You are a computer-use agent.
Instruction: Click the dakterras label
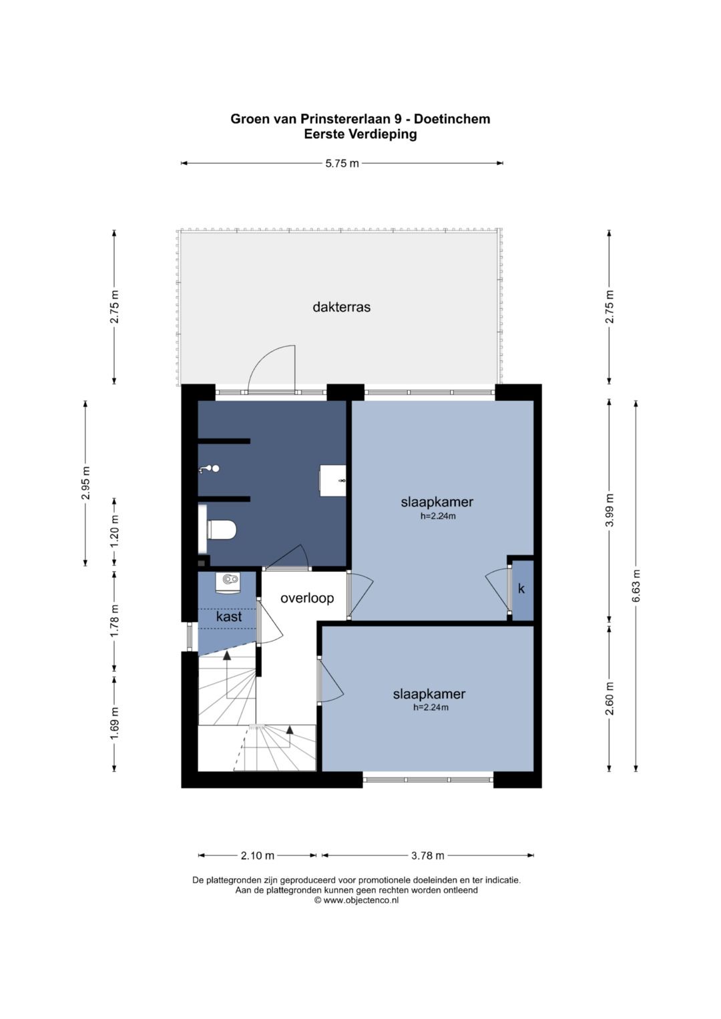[x=341, y=307]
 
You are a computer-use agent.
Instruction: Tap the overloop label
[x=307, y=598]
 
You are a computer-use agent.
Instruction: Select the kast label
[x=229, y=617]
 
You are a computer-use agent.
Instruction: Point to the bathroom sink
[x=332, y=480]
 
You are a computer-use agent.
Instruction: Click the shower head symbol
[x=210, y=469]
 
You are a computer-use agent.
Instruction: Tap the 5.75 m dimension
[x=342, y=163]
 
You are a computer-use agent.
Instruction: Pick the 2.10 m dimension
[x=257, y=856]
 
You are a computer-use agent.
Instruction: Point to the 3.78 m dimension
[x=427, y=856]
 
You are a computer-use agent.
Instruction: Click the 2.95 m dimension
[x=85, y=483]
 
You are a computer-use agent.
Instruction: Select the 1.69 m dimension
[x=114, y=723]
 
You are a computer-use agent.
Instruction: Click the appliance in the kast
[x=227, y=584]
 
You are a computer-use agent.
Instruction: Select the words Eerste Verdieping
[x=360, y=134]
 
